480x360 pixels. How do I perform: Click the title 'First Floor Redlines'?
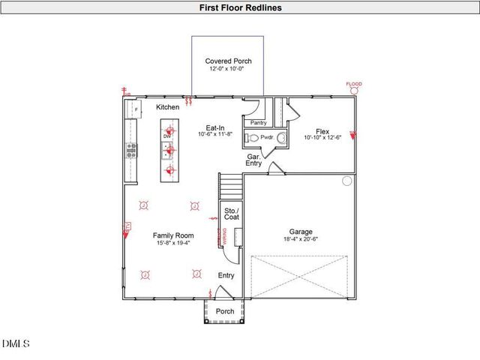point(240,7)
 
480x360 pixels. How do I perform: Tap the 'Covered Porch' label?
point(228,61)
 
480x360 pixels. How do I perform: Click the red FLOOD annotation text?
point(353,84)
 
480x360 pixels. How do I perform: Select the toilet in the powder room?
point(254,138)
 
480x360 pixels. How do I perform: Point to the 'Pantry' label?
point(258,122)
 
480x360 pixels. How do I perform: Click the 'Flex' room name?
point(322,130)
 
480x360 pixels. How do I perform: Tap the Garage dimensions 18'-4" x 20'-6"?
point(301,240)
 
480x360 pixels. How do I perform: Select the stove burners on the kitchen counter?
point(131,150)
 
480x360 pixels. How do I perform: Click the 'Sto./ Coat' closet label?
point(231,214)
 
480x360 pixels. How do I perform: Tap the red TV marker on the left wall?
point(127,226)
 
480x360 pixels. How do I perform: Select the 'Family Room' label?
point(173,235)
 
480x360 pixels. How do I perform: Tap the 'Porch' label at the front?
point(225,311)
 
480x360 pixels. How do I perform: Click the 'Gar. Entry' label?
point(254,160)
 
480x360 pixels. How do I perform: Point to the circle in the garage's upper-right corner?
point(346,181)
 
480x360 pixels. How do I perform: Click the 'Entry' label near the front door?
point(226,275)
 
